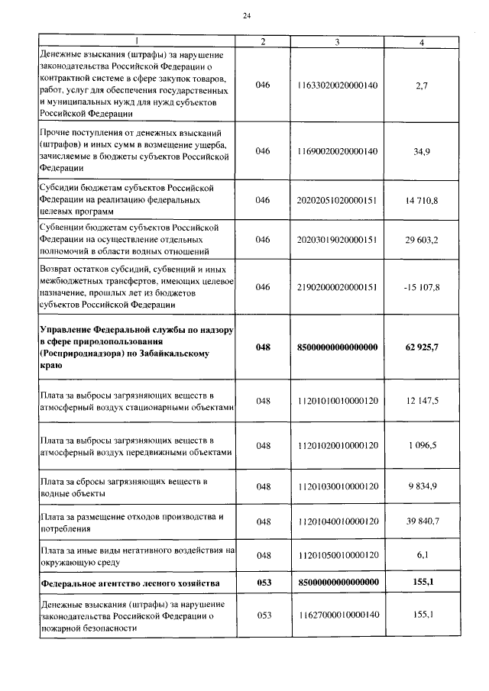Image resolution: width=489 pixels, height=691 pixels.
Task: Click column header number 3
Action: (x=337, y=42)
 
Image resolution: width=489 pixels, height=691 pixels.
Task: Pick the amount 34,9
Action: (x=422, y=151)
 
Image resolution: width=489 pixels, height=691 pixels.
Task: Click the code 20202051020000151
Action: (x=337, y=200)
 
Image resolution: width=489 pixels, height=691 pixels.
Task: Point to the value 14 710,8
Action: (x=422, y=200)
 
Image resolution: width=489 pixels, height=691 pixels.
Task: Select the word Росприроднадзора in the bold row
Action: (x=80, y=354)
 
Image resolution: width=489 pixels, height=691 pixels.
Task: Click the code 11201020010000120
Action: (x=337, y=445)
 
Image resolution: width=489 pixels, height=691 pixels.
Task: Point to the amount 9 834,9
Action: (x=422, y=486)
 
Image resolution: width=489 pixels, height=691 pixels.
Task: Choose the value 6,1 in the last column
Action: (x=422, y=555)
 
